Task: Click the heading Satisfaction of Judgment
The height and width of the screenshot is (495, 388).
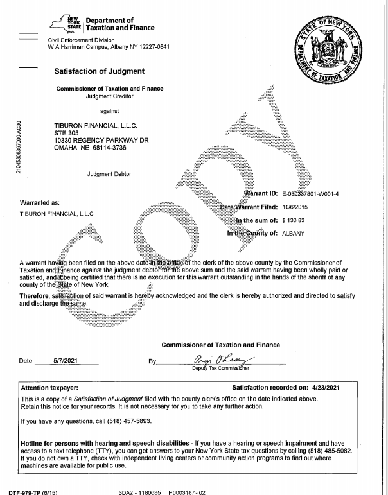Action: point(100,71)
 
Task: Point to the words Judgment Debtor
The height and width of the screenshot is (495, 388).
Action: point(107,173)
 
